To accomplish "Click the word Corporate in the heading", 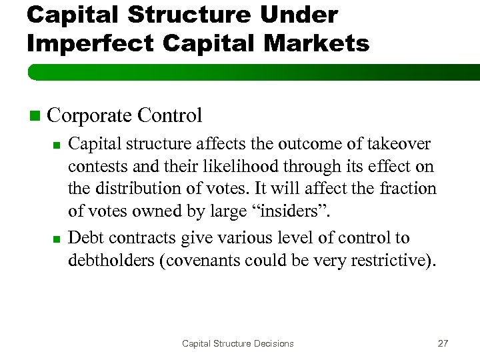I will [90, 115].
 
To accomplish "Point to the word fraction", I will [408, 190].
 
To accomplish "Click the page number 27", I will [443, 343].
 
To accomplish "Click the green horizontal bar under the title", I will [253, 71].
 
